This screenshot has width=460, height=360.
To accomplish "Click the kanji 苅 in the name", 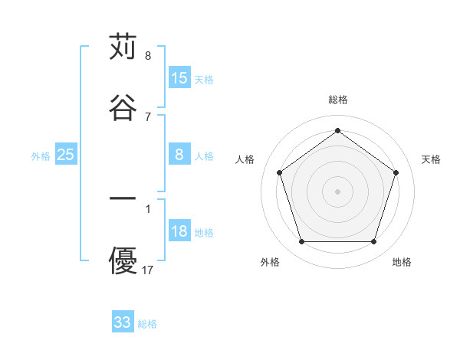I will (123, 47).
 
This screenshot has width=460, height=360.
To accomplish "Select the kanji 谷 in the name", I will (123, 106).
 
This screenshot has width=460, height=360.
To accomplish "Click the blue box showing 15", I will (179, 78).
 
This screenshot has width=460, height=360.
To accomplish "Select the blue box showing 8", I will (179, 155).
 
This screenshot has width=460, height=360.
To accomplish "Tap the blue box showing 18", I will (179, 231).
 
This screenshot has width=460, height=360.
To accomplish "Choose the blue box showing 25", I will (66, 155).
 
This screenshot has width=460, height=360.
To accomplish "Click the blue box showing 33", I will (123, 322).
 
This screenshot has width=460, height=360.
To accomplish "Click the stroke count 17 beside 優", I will (148, 270).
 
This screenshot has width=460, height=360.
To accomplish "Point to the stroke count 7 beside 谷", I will (148, 116).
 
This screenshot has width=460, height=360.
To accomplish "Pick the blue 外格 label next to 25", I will (41, 155).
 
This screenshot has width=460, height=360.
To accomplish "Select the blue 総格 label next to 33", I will (147, 323).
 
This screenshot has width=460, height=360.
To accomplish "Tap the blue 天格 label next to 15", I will (204, 79).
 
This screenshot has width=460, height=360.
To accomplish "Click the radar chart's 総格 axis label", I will (337, 100).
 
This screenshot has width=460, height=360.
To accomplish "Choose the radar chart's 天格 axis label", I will (431, 159).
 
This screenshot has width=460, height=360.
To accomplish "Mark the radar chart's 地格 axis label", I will (402, 262).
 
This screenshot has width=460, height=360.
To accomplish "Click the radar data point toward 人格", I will (280, 172).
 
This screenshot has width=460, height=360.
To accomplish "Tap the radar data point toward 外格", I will (301, 242).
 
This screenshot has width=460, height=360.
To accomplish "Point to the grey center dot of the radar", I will (337, 191).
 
